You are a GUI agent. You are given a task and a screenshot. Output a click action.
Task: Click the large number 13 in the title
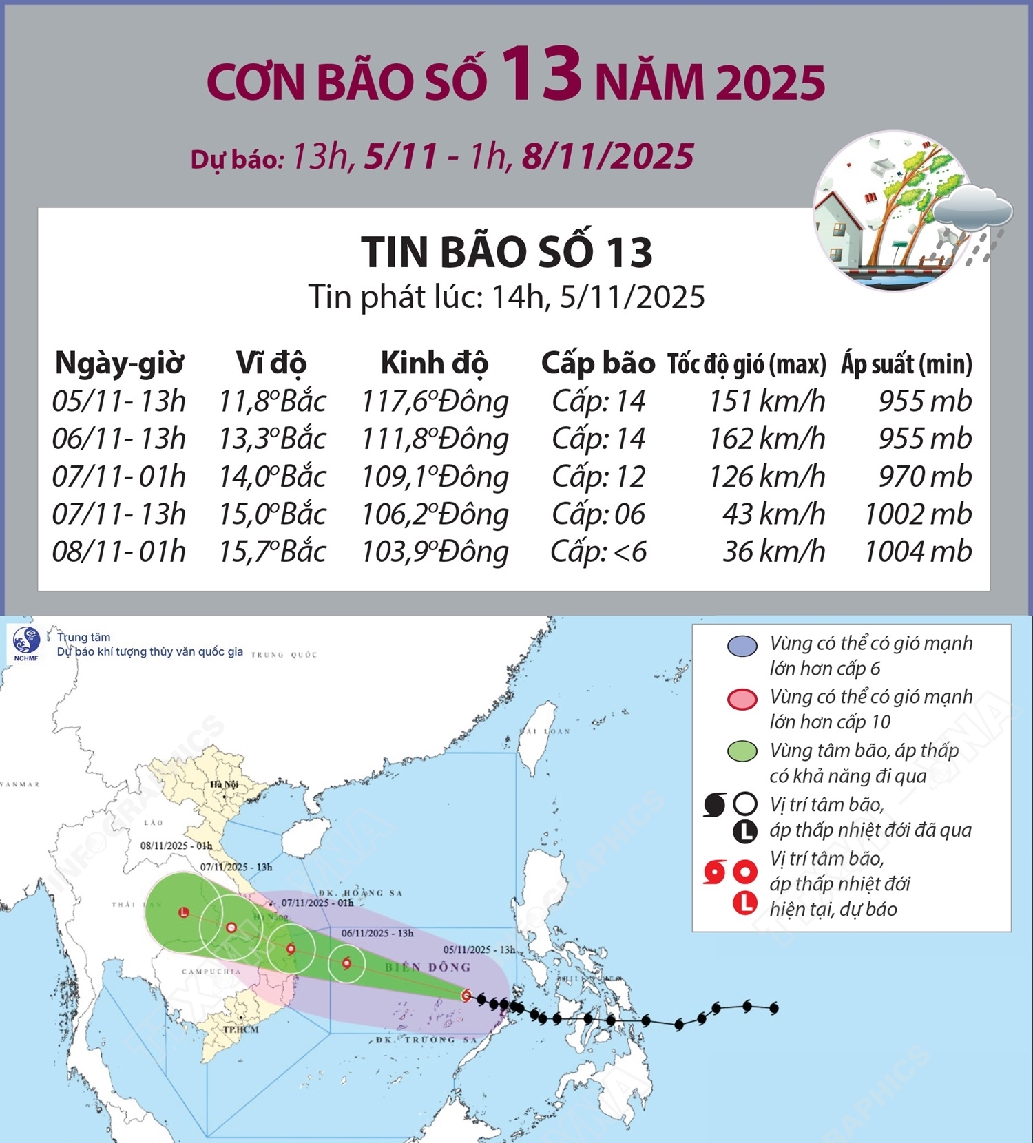541,74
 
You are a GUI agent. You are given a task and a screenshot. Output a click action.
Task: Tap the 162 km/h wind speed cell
767,439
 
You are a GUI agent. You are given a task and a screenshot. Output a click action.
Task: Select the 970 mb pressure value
924,476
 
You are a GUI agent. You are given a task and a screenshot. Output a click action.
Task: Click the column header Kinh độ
435,363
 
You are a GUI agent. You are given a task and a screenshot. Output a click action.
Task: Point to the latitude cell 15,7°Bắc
272,552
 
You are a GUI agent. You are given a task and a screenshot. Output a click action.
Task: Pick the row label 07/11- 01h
118,476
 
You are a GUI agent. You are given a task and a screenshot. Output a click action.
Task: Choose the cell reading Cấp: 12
598,476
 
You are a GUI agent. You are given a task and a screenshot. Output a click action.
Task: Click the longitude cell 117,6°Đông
435,401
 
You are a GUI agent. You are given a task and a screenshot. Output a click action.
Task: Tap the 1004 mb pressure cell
917,552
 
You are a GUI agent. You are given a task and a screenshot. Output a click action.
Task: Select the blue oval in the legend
742,645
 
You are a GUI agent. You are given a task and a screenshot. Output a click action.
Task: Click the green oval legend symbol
742,751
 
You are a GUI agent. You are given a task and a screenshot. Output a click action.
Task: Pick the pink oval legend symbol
742,698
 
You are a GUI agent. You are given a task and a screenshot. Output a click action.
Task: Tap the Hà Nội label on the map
224,784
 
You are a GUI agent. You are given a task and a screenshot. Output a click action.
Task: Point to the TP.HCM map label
240,1029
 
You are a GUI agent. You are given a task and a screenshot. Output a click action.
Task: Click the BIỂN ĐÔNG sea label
428,967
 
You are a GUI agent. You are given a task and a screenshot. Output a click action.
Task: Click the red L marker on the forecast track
183,912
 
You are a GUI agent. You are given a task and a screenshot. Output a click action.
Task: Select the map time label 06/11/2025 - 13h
377,933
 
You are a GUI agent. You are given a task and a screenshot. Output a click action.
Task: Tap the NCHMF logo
26,643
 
